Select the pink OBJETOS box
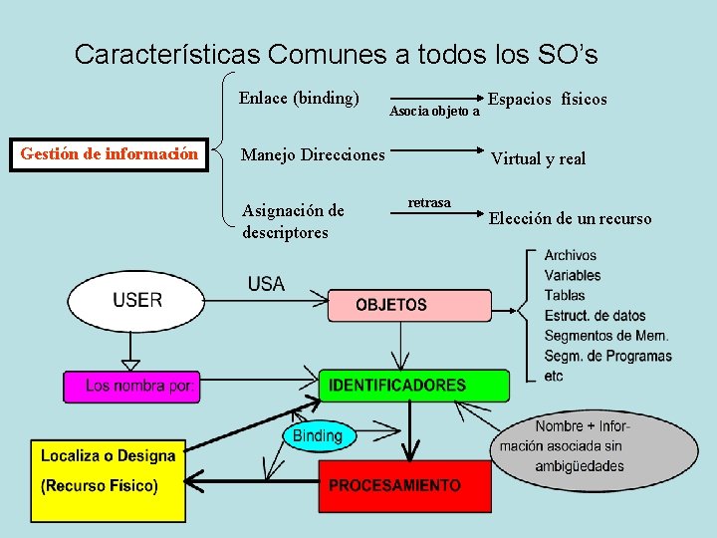tap(409, 305)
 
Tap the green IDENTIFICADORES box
tap(413, 386)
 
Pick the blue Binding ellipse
tap(318, 435)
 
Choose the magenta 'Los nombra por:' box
tap(131, 386)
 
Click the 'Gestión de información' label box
tap(109, 154)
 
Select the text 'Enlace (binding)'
tap(299, 98)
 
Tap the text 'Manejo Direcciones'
tap(313, 154)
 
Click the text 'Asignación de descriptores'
tap(293, 221)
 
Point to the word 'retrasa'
tap(429, 203)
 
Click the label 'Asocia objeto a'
tap(434, 112)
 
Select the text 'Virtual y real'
tap(539, 158)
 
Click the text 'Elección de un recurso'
tap(570, 219)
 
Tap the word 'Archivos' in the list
tap(570, 256)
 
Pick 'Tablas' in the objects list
tap(565, 296)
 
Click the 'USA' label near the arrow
tap(266, 284)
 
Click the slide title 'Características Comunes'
tap(336, 54)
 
